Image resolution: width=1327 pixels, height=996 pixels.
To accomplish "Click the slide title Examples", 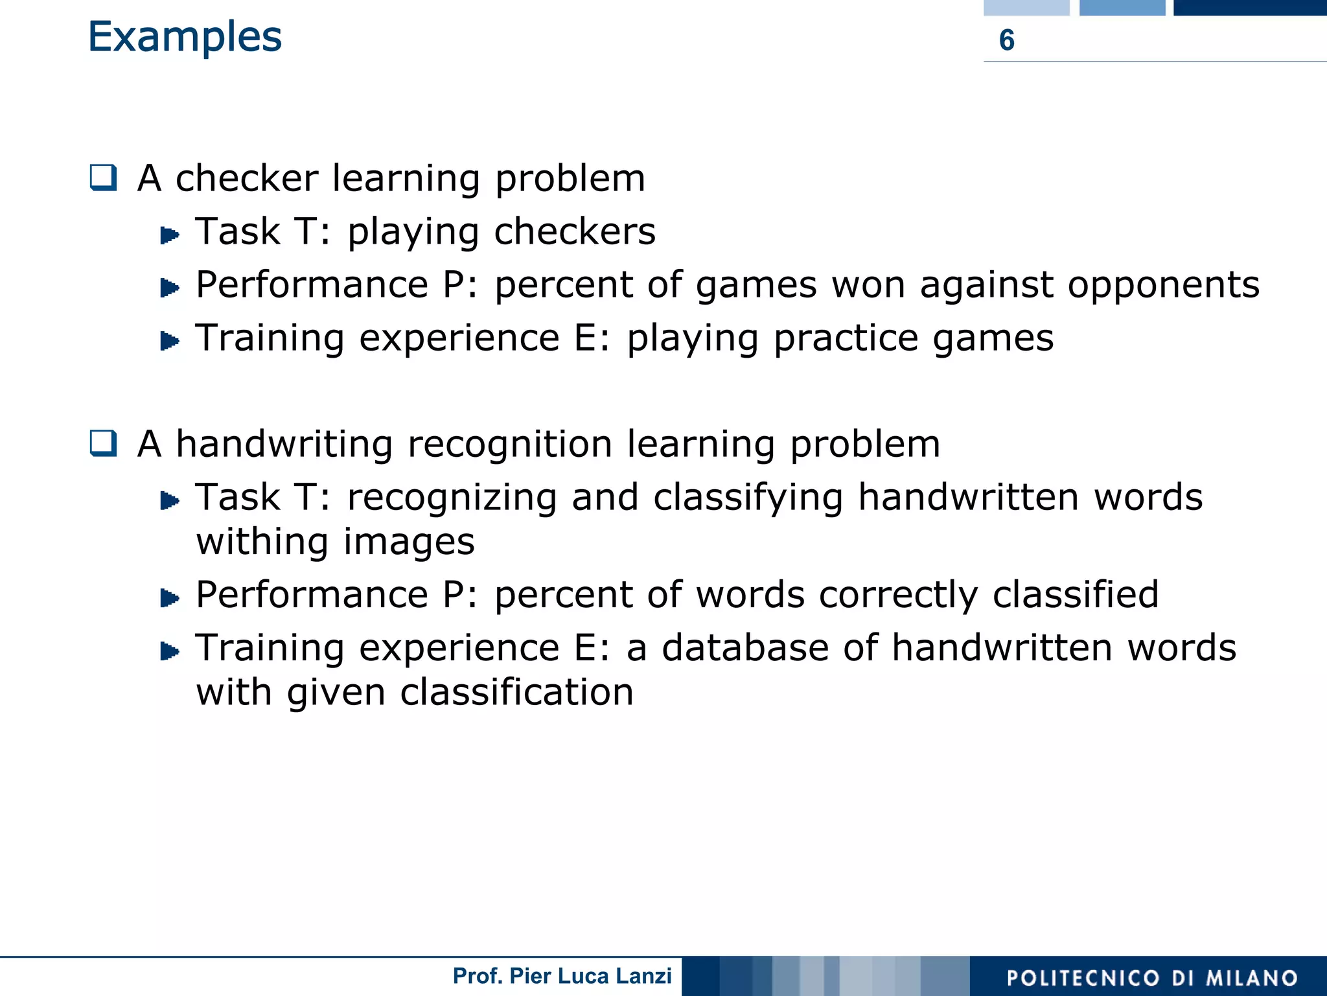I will pyautogui.click(x=185, y=37).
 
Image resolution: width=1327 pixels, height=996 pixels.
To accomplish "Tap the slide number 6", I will pyautogui.click(x=1006, y=40).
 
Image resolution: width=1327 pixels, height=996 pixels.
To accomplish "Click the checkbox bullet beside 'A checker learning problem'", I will pyautogui.click(x=104, y=178).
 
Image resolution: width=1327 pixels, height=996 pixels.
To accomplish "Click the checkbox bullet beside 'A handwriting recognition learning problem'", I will pyautogui.click(x=104, y=444).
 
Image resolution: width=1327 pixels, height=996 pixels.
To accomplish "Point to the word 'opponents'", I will pyautogui.click(x=1163, y=285).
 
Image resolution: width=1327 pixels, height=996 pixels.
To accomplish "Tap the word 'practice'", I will pyautogui.click(x=846, y=339).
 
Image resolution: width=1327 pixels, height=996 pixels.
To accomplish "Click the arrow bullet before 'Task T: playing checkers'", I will pyautogui.click(x=169, y=235).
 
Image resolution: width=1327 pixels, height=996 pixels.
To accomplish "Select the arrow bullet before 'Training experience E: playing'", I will pyautogui.click(x=169, y=341).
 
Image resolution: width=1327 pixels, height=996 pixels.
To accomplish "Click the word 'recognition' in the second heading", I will pyautogui.click(x=510, y=445).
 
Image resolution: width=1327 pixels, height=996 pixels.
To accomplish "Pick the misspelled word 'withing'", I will pyautogui.click(x=262, y=542).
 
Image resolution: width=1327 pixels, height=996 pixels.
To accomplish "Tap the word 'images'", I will pyautogui.click(x=409, y=542).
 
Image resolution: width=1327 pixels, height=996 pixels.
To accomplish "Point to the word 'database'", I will pyautogui.click(x=745, y=648).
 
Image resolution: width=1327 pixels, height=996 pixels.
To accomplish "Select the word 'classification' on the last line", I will pyautogui.click(x=516, y=692).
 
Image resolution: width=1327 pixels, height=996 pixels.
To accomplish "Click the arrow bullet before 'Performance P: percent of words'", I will pyautogui.click(x=169, y=597).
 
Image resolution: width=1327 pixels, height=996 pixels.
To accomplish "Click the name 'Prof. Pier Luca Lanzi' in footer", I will pyautogui.click(x=562, y=976).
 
